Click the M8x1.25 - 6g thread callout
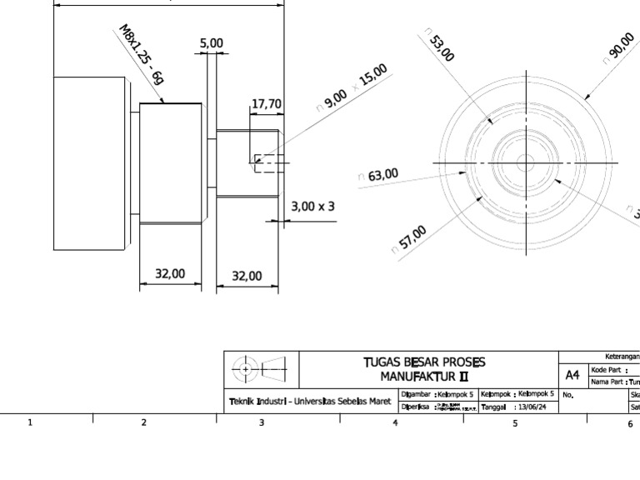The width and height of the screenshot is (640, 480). tap(142, 62)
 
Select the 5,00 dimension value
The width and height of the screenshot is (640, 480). tap(212, 42)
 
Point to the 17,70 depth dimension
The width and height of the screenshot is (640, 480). tap(267, 104)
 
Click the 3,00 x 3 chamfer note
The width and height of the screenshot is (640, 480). tap(312, 205)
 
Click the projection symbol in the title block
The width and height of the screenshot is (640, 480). tap(259, 367)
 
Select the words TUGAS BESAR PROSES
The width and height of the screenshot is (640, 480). tap(424, 362)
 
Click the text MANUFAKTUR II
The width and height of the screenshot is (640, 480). tap(424, 376)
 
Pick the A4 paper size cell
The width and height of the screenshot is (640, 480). tap(572, 375)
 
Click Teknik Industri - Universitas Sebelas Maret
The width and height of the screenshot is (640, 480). tap(310, 402)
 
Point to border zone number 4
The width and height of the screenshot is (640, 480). tap(395, 423)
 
